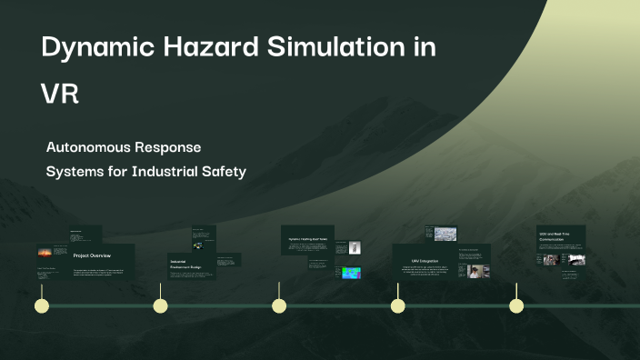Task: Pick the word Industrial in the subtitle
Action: pyautogui.click(x=169, y=170)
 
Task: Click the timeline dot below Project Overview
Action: pyautogui.click(x=41, y=305)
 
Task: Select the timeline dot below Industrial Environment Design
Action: pyautogui.click(x=160, y=305)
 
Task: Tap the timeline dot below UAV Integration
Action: pyautogui.click(x=397, y=305)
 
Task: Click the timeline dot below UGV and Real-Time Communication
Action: pyautogui.click(x=516, y=305)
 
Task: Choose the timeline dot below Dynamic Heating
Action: pyautogui.click(x=279, y=305)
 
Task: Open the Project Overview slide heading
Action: pyautogui.click(x=93, y=255)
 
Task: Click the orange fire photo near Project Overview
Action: pyautogui.click(x=45, y=253)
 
